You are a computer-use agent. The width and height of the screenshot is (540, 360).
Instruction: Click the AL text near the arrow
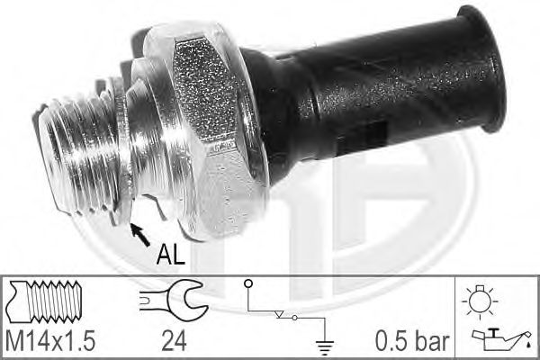tap(171, 256)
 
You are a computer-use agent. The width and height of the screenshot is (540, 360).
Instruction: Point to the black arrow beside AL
tap(140, 236)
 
